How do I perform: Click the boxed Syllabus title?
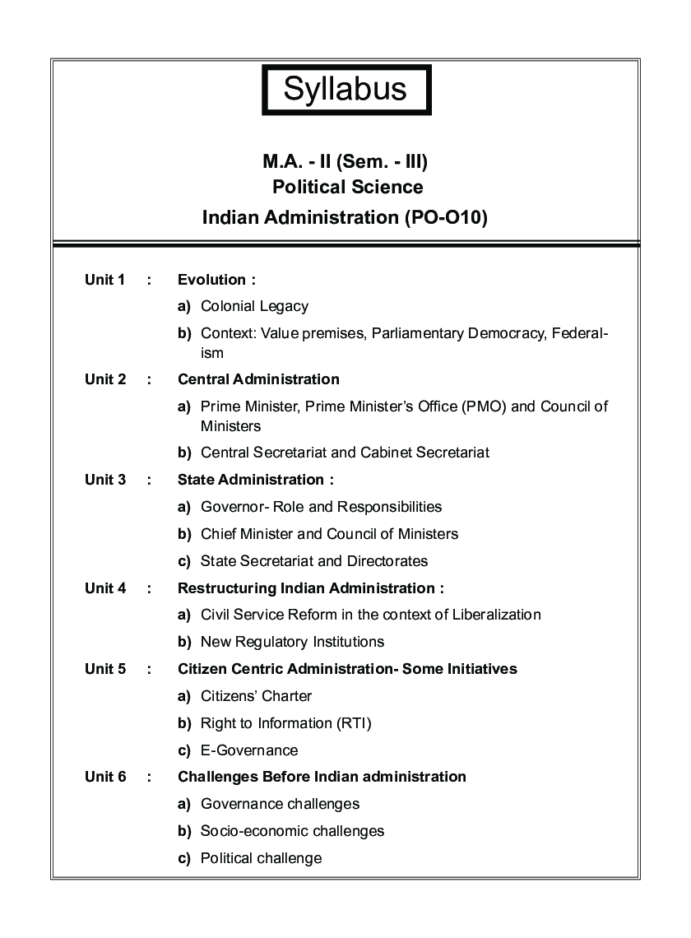tap(345, 90)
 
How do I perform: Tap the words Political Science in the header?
tap(348, 187)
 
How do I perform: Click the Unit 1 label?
tap(104, 280)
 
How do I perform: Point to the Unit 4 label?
tap(104, 588)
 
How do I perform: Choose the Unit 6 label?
tap(104, 777)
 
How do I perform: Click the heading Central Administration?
tap(258, 379)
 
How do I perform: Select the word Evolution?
tap(212, 280)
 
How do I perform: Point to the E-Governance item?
tap(249, 750)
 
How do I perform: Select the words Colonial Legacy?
tap(254, 306)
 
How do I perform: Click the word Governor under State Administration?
tap(230, 507)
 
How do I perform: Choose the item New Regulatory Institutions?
tap(292, 642)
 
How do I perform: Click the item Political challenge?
tap(261, 858)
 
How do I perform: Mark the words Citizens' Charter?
tap(256, 696)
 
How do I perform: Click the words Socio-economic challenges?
tap(292, 831)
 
